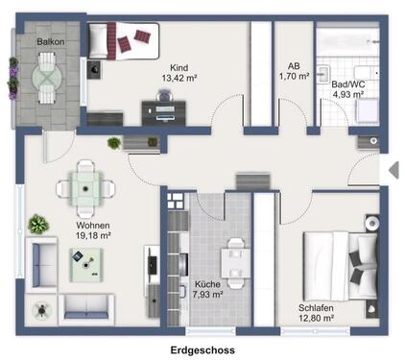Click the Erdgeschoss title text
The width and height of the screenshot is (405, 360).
[202, 351]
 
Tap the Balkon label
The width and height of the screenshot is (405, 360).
[51, 43]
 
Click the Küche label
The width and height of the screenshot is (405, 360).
[207, 284]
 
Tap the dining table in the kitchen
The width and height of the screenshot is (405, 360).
[230, 259]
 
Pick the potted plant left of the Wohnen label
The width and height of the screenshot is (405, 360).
[38, 226]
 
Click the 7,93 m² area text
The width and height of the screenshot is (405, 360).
[208, 295]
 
